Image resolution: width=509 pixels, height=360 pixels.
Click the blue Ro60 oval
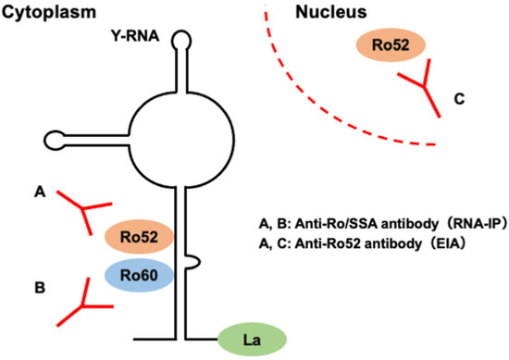pyautogui.click(x=138, y=274)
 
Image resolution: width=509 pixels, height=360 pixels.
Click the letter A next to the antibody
pyautogui.click(x=40, y=192)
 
